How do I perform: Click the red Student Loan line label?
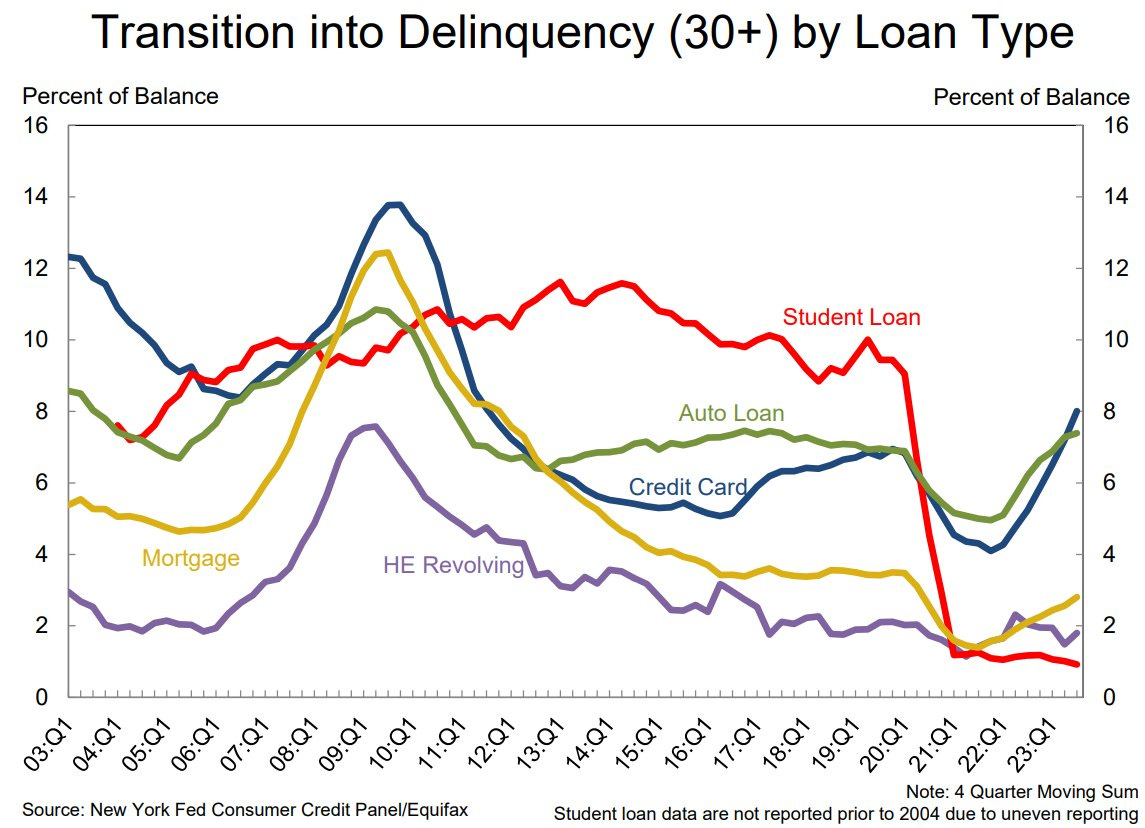click(x=851, y=317)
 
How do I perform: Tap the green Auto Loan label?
click(x=731, y=413)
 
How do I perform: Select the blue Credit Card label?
click(x=687, y=487)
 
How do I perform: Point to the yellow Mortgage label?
click(x=191, y=557)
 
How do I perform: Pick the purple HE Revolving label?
click(x=453, y=565)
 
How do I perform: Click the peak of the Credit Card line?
click(x=394, y=205)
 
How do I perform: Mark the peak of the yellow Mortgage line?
click(x=384, y=252)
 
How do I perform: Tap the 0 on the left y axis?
click(x=43, y=697)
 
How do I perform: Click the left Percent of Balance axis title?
click(x=120, y=96)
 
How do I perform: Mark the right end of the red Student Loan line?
click(x=1077, y=665)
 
